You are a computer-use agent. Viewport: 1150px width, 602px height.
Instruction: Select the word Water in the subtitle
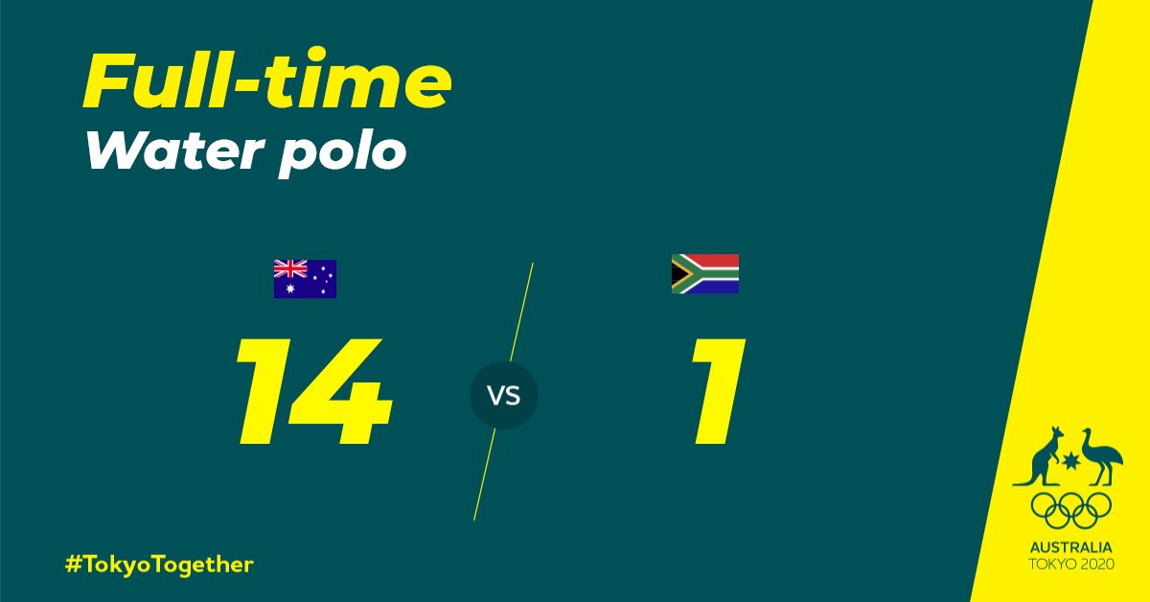[163, 150]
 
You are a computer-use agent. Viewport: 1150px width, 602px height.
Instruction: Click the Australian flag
[305, 278]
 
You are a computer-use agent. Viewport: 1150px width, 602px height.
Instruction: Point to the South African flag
[704, 273]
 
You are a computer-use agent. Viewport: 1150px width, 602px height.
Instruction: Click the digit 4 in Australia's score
[340, 391]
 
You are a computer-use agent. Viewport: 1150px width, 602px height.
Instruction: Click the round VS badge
[504, 395]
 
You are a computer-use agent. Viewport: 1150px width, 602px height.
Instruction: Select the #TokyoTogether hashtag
[159, 565]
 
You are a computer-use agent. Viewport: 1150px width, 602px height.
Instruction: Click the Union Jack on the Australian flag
[288, 267]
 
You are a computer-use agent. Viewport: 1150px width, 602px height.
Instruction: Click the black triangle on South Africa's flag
[677, 273]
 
